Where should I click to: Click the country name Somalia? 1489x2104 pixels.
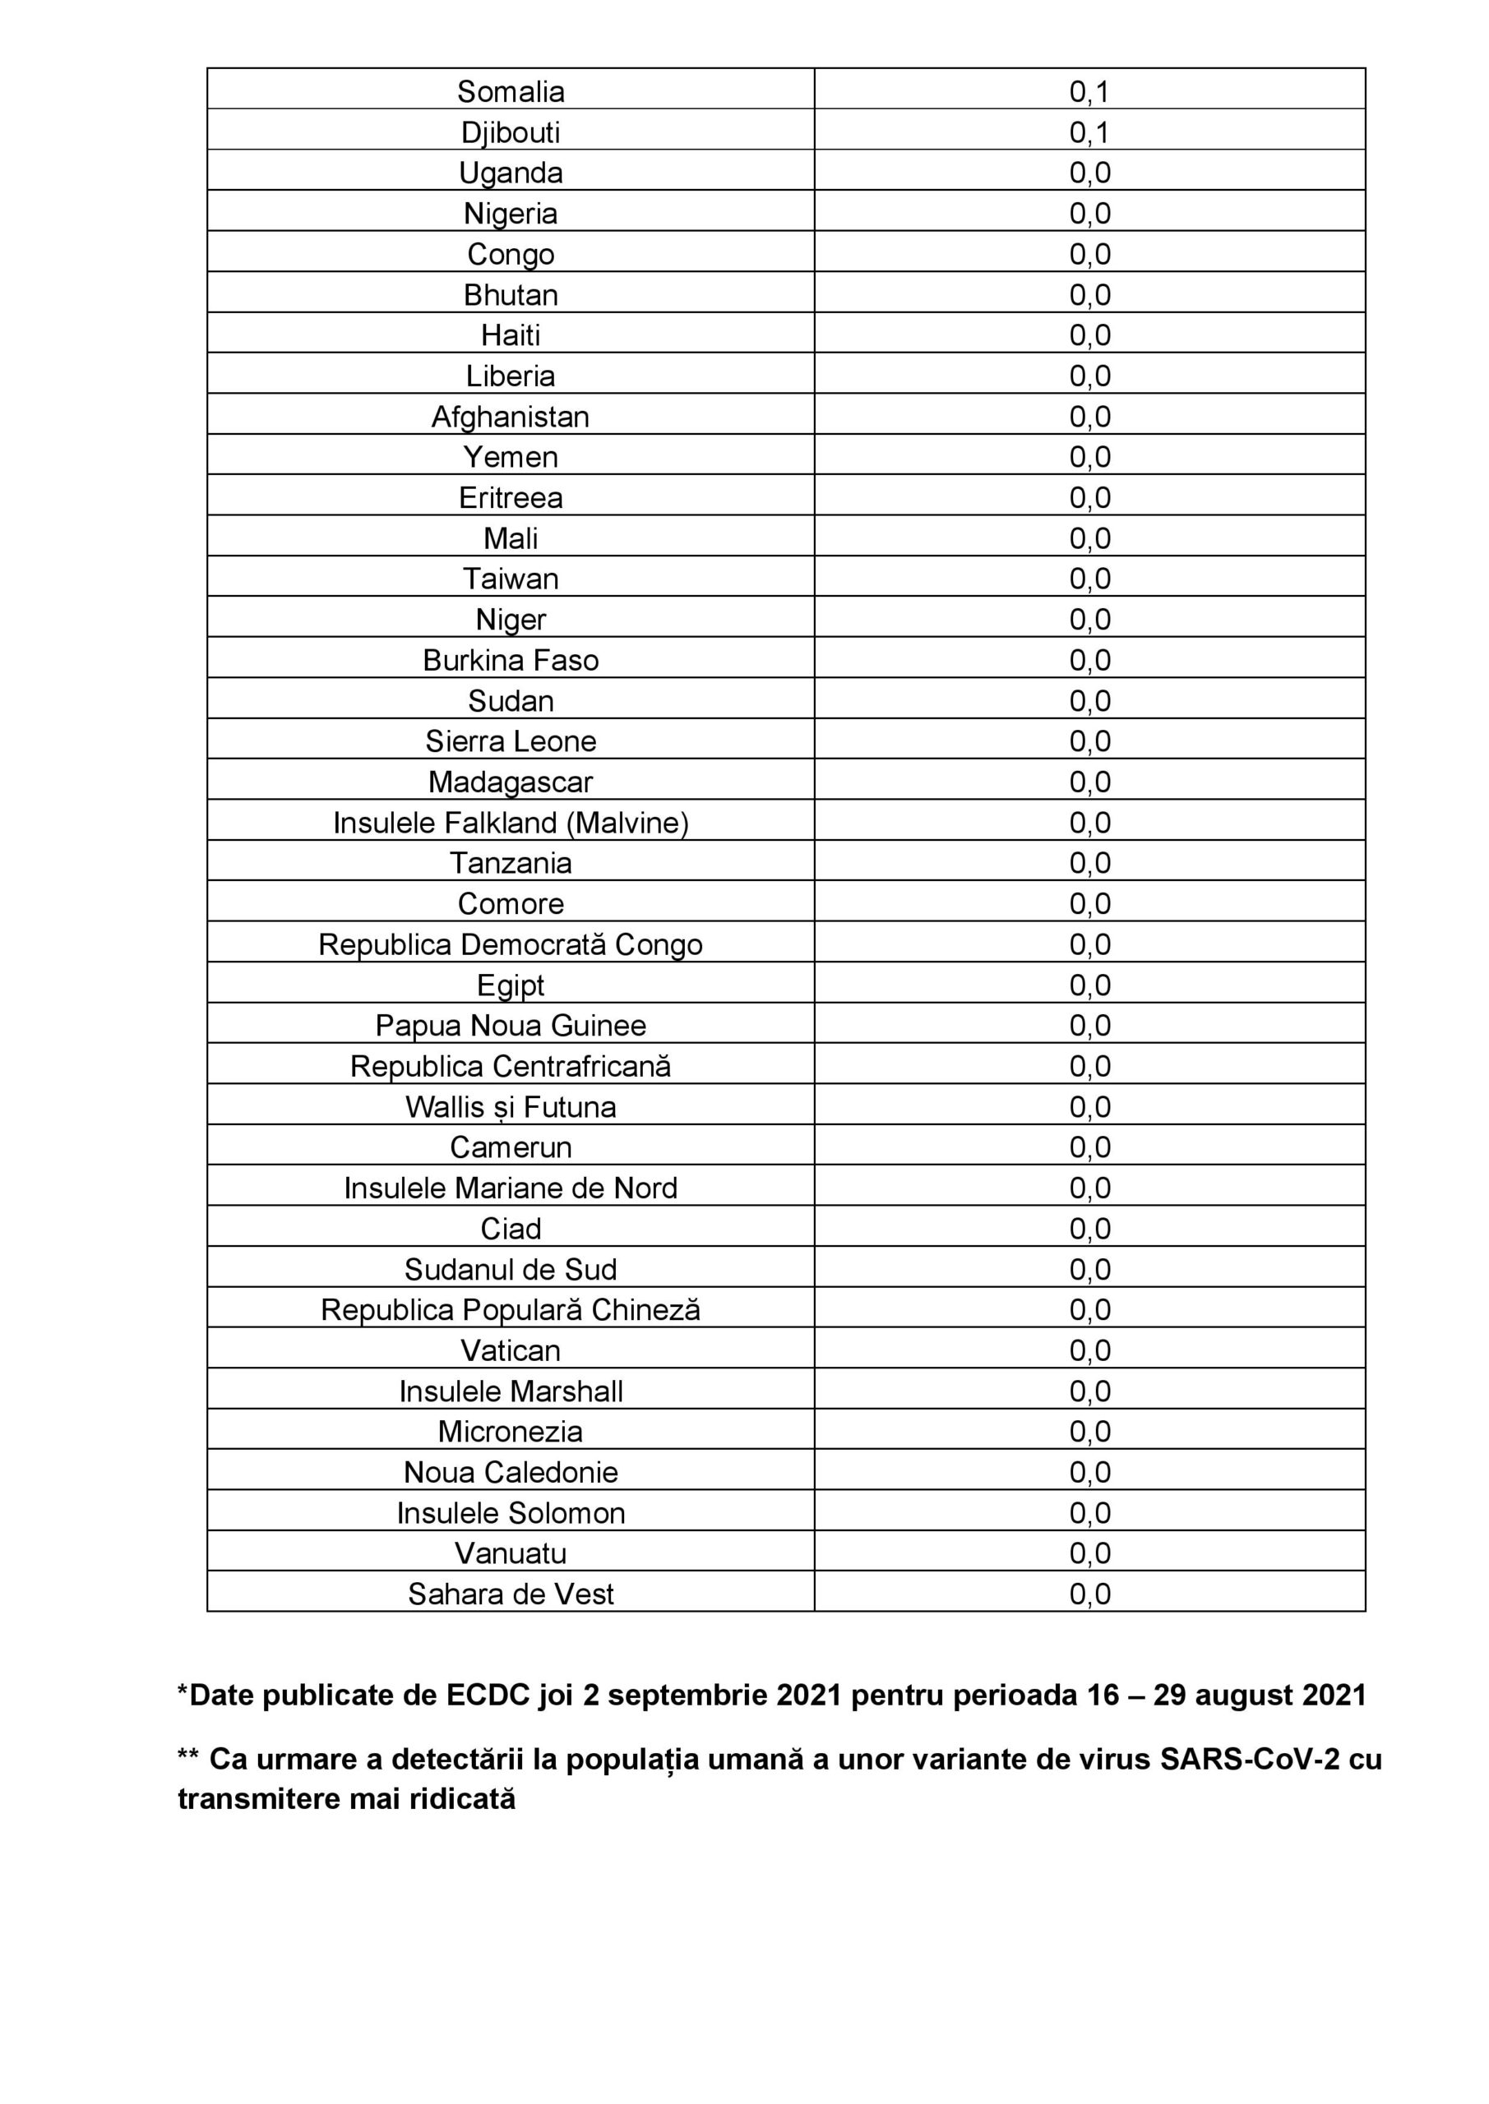[511, 91]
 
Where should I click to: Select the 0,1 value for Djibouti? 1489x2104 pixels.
[1089, 133]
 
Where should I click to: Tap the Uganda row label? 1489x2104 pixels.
[511, 173]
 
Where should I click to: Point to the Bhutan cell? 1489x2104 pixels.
[511, 295]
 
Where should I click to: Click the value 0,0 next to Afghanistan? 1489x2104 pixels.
[1089, 417]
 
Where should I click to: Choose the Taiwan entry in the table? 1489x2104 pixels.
[511, 579]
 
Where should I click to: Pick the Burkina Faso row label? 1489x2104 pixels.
[511, 661]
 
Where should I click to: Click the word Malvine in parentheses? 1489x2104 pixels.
[627, 823]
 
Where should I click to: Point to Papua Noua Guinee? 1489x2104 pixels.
[511, 1026]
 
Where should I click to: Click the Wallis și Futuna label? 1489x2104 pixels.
[511, 1107]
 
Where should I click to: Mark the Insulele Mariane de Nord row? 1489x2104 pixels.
[511, 1188]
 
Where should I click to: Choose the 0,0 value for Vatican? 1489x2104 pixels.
[1089, 1350]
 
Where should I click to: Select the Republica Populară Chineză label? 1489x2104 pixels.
[511, 1310]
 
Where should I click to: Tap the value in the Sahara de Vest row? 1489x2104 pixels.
[1089, 1594]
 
